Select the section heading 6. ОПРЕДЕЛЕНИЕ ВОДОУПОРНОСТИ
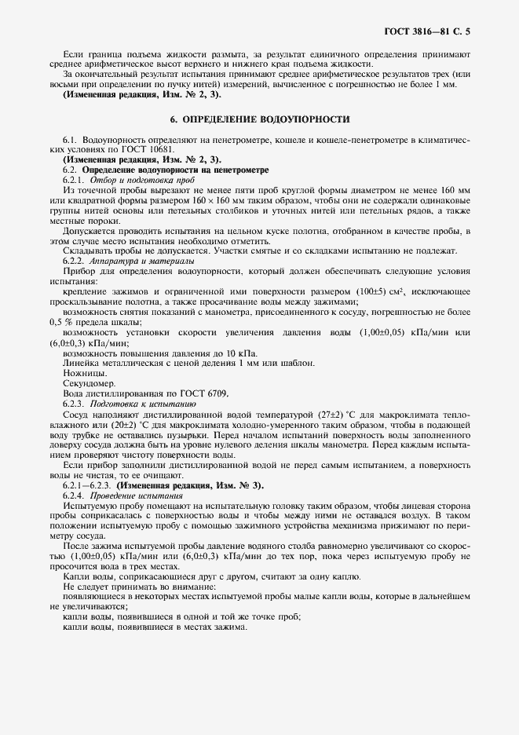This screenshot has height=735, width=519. tap(260, 119)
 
